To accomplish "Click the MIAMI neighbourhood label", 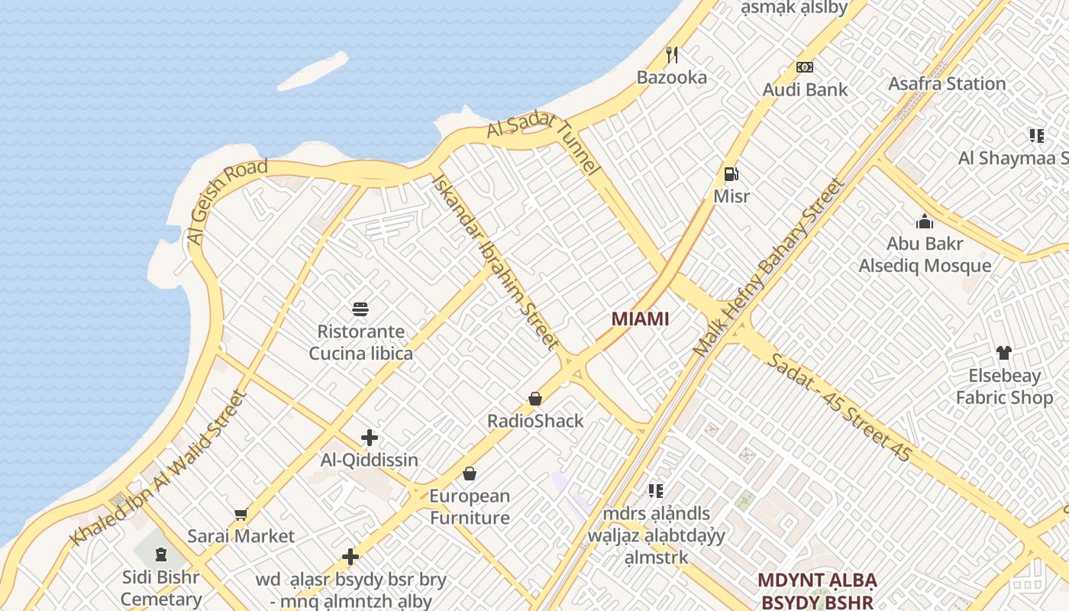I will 640,319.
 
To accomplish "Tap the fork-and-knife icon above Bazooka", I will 672,54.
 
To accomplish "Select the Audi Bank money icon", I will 805,67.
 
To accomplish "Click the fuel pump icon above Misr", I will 731,173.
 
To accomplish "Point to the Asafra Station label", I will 946,84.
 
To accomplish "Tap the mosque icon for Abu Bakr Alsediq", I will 925,221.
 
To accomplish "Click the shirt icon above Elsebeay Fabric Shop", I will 1003,353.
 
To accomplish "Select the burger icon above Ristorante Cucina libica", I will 360,309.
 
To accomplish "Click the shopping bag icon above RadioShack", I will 535,399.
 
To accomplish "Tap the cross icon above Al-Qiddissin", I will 370,438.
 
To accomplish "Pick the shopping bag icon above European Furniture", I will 469,474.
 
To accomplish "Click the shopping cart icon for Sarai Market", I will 241,514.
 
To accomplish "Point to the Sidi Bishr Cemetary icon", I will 160,554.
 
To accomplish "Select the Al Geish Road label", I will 227,200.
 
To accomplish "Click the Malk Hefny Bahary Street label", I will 768,267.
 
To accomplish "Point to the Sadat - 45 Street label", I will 840,408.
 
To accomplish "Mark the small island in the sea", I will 313,71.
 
